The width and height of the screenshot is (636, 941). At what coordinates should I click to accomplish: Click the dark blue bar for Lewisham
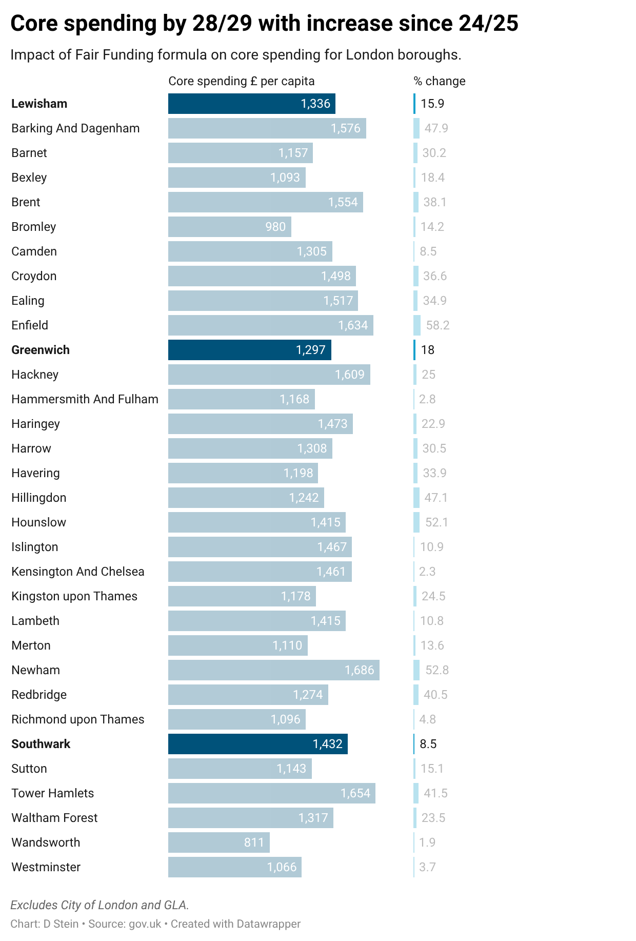point(251,104)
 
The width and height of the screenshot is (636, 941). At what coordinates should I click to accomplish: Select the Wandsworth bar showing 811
point(218,842)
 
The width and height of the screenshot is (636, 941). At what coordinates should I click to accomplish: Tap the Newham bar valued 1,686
point(273,670)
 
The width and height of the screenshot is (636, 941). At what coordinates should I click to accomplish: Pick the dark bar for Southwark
point(257,744)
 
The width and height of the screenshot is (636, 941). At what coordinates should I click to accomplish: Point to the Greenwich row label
point(41,350)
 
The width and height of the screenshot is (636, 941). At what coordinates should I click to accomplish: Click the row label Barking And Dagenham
point(75,128)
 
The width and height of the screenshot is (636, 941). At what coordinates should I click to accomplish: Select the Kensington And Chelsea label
point(78,572)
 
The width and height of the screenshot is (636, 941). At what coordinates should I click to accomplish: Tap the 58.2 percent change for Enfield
point(438,325)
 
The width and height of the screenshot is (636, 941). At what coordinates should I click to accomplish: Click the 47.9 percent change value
point(436,128)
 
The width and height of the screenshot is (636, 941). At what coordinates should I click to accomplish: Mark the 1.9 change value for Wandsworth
point(427,842)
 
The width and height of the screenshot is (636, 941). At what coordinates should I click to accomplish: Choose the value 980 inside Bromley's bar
point(275,227)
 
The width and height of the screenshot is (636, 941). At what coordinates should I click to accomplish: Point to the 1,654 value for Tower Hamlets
point(355,793)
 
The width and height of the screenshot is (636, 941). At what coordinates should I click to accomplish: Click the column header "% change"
point(440,81)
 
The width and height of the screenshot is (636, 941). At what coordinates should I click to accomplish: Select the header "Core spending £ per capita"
point(242,81)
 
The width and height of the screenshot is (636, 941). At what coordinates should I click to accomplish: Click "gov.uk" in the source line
point(145,924)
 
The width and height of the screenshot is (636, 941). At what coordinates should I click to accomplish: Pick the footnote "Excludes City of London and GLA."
point(100,905)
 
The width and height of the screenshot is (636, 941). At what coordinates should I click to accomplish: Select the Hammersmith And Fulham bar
point(241,399)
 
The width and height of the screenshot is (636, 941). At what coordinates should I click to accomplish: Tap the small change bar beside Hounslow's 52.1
point(416,522)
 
